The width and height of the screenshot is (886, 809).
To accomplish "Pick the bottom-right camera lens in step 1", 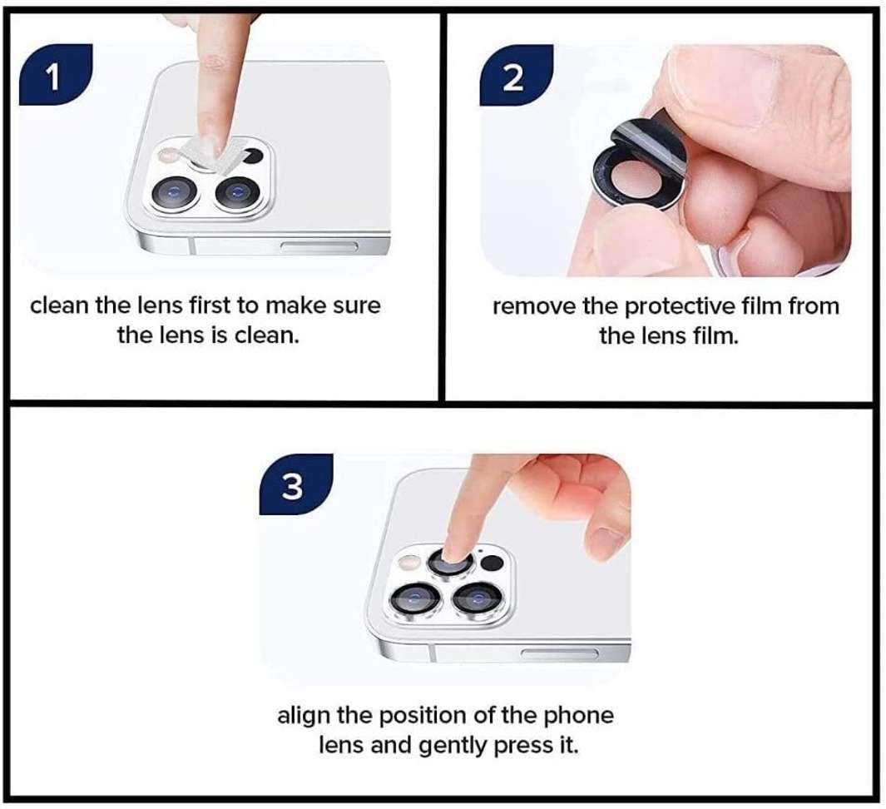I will [233, 193].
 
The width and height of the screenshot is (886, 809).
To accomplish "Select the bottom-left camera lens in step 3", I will [413, 598].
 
